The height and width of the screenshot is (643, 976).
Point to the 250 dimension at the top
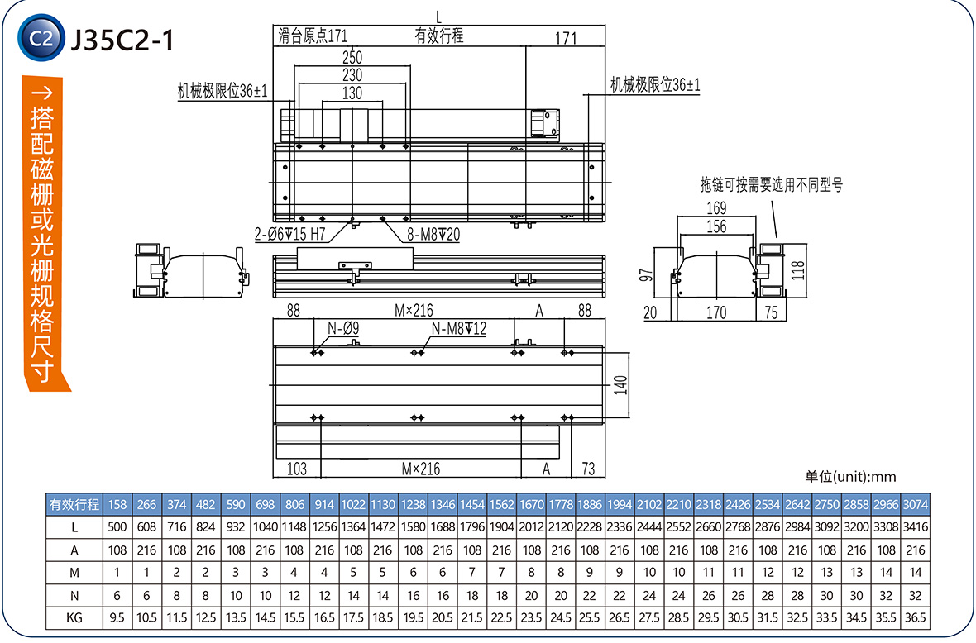[x=352, y=57]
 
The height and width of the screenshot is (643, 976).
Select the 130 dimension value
[x=352, y=93]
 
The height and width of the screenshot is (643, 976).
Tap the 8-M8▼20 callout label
[x=433, y=235]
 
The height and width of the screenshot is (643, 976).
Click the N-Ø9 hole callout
[x=342, y=329]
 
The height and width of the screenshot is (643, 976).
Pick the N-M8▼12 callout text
[x=459, y=329]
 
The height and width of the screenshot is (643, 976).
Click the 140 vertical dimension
[x=621, y=385]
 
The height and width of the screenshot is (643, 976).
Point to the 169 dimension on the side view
[x=716, y=207]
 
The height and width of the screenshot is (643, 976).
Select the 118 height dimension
[x=798, y=270]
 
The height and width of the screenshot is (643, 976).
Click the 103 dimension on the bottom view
[x=296, y=469]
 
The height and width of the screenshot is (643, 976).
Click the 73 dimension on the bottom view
[x=588, y=469]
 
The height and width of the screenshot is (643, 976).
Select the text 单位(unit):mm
[x=850, y=476]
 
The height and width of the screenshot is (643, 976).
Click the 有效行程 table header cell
[x=74, y=504]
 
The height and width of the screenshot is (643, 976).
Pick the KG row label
[x=74, y=617]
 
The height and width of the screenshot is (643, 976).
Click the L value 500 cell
[x=117, y=527]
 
